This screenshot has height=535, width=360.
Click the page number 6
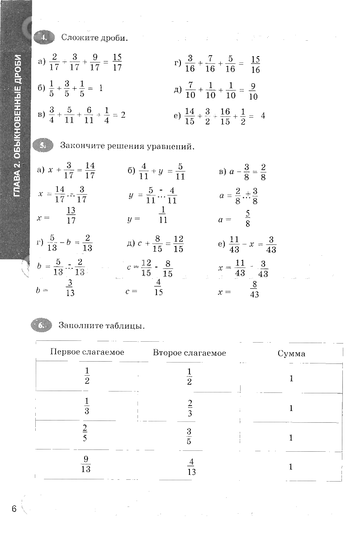click(x=14, y=509)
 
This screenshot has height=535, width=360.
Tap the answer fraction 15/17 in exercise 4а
click(x=117, y=62)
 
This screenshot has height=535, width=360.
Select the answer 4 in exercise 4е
click(x=263, y=115)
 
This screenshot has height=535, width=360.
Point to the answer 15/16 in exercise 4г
click(x=255, y=64)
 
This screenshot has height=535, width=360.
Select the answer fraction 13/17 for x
click(x=71, y=216)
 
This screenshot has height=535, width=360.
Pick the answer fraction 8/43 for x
click(x=254, y=290)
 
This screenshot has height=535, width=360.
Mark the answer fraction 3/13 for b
click(x=70, y=288)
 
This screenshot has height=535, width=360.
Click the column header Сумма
click(x=291, y=353)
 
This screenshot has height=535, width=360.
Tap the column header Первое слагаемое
click(x=87, y=352)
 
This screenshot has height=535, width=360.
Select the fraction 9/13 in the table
click(x=85, y=464)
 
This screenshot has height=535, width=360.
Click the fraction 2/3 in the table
click(x=190, y=408)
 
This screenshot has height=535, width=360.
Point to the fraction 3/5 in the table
click(x=189, y=436)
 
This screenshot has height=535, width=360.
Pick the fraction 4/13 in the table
click(x=191, y=467)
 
